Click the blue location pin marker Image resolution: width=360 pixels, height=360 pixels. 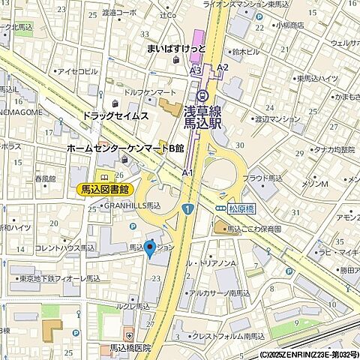149,248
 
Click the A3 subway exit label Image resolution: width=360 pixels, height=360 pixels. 196,70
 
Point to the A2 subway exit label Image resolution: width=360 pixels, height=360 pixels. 222,67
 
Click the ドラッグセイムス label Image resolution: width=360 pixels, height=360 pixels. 115,116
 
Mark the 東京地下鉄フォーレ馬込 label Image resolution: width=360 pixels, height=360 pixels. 60,278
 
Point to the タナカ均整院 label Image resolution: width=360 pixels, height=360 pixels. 313,149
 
